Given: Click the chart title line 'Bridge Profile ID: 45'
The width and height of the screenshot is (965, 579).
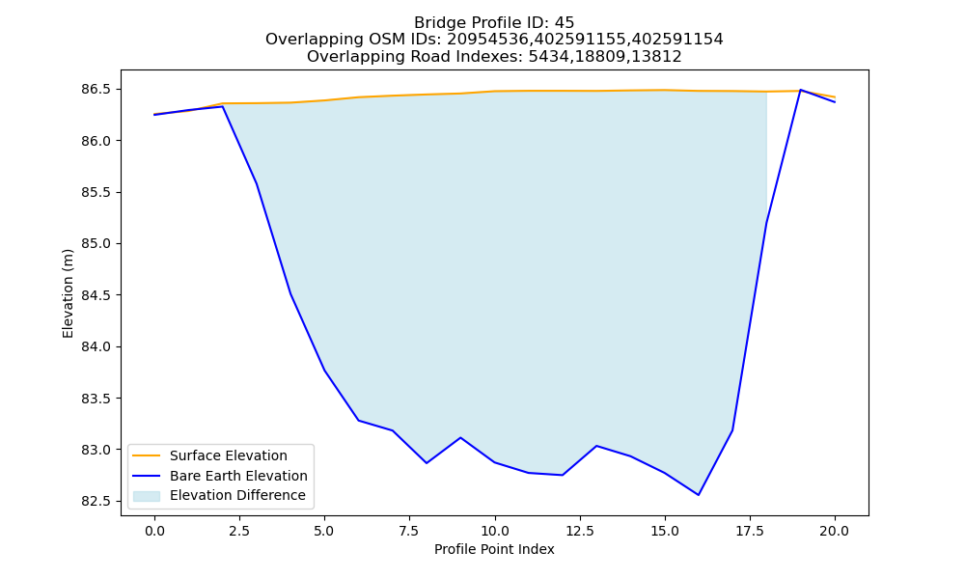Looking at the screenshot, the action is point(493,23).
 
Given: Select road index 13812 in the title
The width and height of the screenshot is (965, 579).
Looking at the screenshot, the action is point(657,57).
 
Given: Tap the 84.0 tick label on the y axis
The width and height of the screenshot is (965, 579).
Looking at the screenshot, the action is point(96,347).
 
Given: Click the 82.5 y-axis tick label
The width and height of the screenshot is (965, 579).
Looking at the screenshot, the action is point(96,502).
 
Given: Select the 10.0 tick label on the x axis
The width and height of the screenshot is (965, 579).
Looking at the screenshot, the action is point(495,531).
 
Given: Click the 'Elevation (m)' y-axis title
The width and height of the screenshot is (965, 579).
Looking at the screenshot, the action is point(68,293).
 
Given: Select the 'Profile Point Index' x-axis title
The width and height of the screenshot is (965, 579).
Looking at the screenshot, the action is point(494,549).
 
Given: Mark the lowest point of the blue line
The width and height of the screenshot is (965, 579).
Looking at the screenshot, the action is point(699,495).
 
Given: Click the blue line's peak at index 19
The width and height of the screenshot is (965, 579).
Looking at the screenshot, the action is point(801,90).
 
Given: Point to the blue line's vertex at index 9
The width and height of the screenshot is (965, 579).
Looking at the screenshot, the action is point(460,437).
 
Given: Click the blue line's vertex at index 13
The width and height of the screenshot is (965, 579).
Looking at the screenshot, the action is point(596,446).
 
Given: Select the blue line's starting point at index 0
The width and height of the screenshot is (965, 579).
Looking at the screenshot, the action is point(154,115).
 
